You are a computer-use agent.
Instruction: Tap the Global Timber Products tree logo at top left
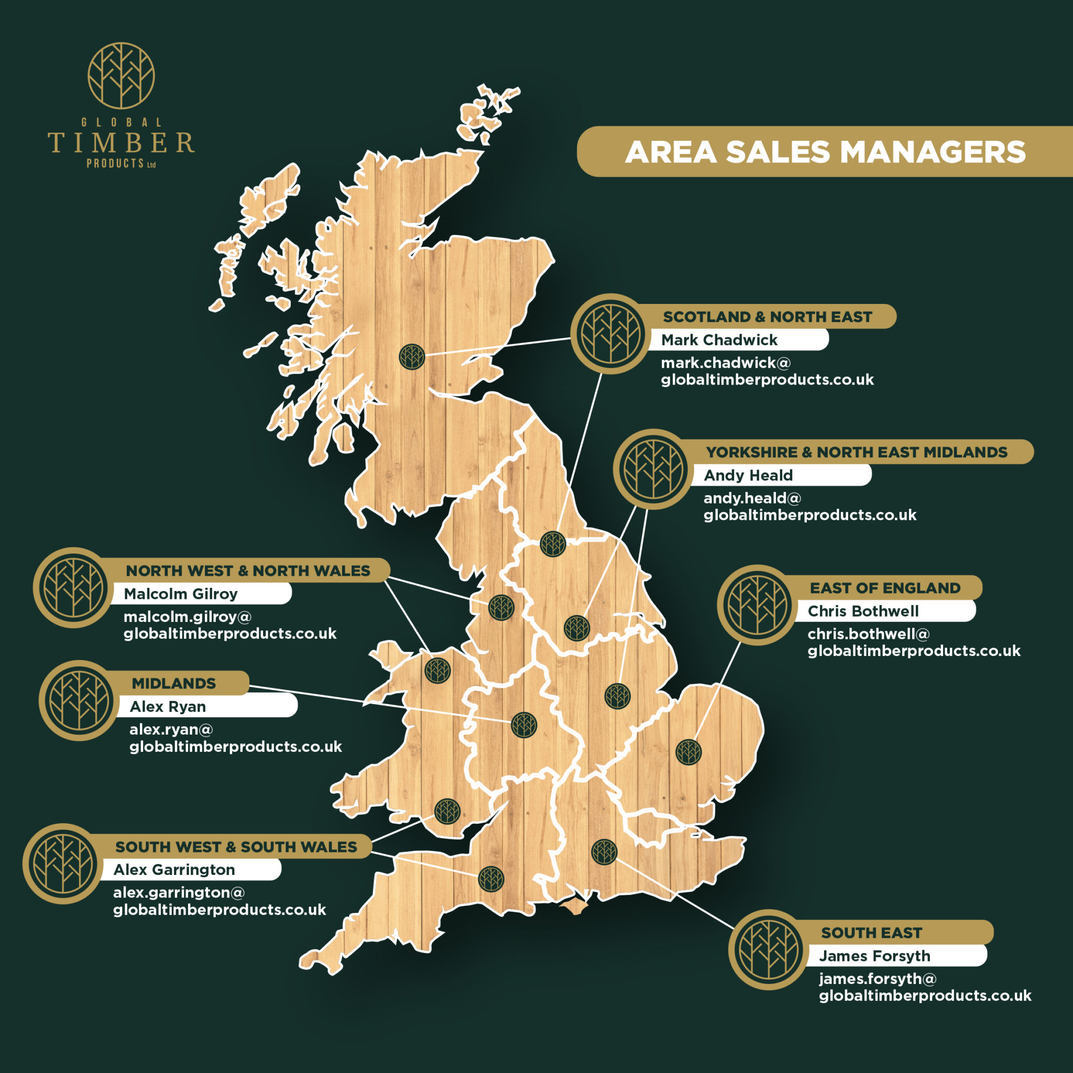121,76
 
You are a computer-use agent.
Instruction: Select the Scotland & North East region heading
767,316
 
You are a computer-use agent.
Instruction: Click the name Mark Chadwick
719,340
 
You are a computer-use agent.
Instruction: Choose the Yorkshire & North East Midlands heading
856,452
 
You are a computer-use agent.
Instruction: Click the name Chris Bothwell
862,611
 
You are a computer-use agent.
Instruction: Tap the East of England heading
885,588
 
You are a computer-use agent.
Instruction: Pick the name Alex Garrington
174,869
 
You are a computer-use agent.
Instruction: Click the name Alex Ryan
168,706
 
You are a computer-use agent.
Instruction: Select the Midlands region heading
173,683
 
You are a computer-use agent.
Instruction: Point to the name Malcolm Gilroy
181,594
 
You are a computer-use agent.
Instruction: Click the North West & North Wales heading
248,571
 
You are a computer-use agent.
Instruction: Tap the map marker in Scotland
412,357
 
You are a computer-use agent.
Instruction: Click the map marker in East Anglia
688,752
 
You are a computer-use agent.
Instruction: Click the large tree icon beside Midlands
80,700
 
